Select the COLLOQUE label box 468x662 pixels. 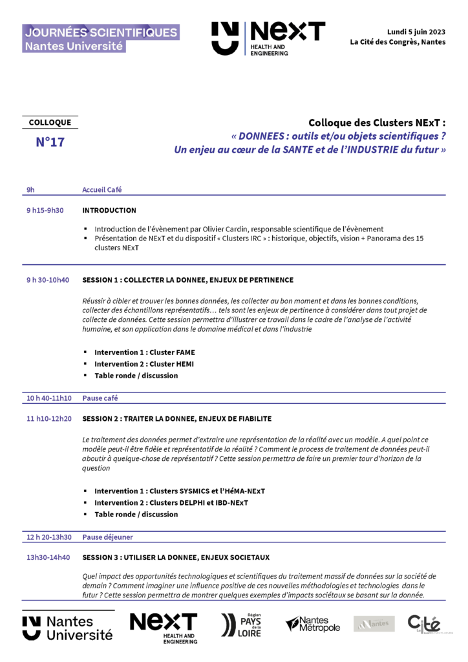click(x=50, y=123)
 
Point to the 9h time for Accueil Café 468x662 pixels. click(x=30, y=189)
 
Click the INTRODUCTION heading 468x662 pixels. click(x=109, y=210)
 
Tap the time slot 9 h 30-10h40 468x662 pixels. click(x=48, y=280)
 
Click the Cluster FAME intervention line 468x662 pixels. click(x=144, y=352)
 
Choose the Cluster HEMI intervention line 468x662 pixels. click(x=144, y=364)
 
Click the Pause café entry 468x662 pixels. click(x=100, y=398)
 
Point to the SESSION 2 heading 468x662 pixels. click(x=177, y=419)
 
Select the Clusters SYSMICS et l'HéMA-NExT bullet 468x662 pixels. click(x=179, y=491)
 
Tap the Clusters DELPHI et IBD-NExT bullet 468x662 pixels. click(x=171, y=502)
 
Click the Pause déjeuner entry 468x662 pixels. click(x=107, y=537)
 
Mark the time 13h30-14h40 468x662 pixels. click(x=48, y=557)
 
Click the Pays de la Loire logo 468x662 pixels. click(x=241, y=626)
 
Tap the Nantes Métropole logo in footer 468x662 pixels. click(x=313, y=625)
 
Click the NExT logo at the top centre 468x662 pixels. click(x=268, y=38)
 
